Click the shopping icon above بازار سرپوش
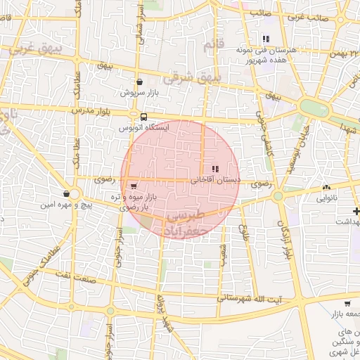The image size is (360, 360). pyautogui.click(x=139, y=82)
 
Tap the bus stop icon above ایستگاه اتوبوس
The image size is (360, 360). pyautogui.click(x=144, y=117)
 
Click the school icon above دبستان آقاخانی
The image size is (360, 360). pyautogui.click(x=214, y=169)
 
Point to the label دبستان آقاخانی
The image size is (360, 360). pyautogui.click(x=216, y=181)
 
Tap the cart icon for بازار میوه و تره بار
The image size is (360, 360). pyautogui.click(x=134, y=186)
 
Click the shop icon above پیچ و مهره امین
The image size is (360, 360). pyautogui.click(x=66, y=193)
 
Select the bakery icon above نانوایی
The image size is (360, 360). pyautogui.click(x=326, y=188)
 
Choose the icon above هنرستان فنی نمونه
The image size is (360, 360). pyautogui.click(x=266, y=39)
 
